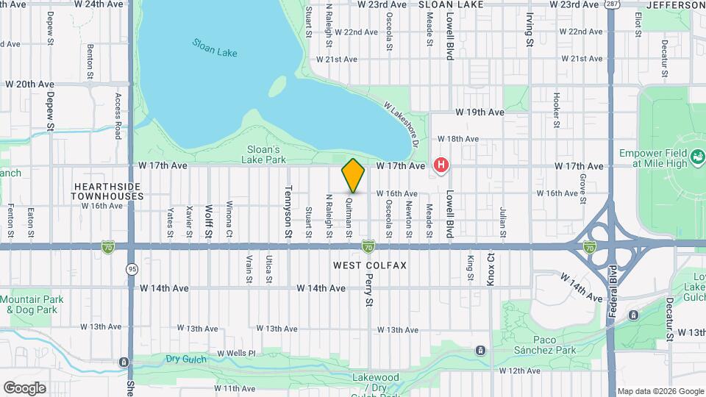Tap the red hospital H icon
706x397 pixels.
(441, 165)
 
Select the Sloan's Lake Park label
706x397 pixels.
(264, 154)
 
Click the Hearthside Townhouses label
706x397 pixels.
(107, 191)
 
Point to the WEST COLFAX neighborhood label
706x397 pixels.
(370, 265)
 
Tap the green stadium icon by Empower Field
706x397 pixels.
(696, 156)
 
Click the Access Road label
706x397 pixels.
(117, 115)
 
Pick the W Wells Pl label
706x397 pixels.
(236, 354)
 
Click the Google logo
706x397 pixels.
(24, 387)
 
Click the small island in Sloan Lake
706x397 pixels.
(277, 86)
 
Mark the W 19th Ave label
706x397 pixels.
(479, 112)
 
